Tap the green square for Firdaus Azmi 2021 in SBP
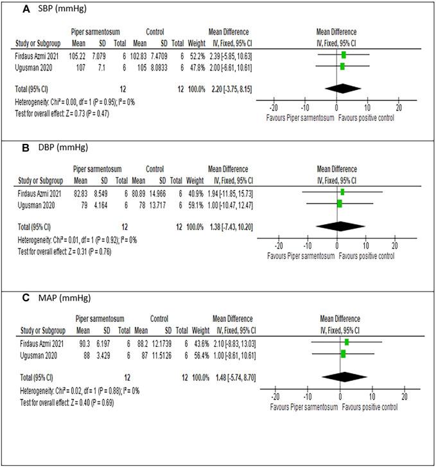pyautogui.click(x=344, y=55)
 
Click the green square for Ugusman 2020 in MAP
pyautogui.click(x=343, y=353)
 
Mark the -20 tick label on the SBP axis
pyautogui.click(x=274, y=107)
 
